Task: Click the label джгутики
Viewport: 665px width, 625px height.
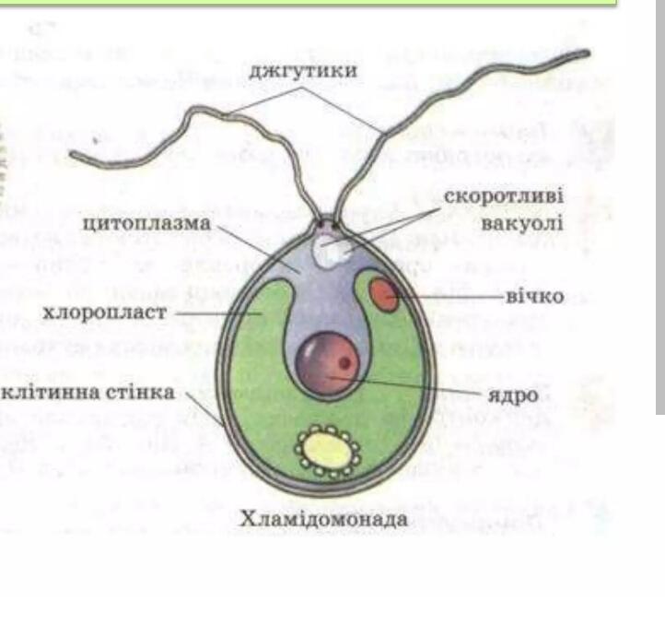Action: click(303, 71)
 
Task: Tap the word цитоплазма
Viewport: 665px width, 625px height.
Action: click(146, 224)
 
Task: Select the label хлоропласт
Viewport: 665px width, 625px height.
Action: click(105, 312)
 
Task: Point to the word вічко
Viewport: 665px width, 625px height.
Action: click(535, 296)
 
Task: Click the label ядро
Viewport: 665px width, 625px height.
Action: click(513, 395)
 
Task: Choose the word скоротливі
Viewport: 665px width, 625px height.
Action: click(504, 196)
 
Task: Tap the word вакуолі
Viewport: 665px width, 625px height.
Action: click(522, 223)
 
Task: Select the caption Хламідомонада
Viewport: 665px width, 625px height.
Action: click(323, 519)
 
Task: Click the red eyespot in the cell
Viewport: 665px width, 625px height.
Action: click(384, 295)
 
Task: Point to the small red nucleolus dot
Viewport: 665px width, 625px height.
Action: click(345, 363)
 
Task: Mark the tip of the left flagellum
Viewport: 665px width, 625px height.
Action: click(71, 154)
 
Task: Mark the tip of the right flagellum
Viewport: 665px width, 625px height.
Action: click(588, 53)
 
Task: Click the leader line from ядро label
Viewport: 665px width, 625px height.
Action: click(405, 385)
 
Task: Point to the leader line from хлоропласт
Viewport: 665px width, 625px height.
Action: click(217, 313)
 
